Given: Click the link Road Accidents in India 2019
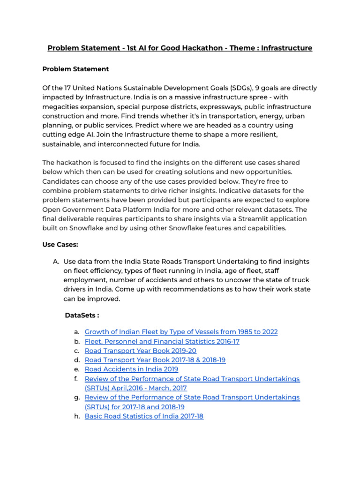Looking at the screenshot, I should (131, 369).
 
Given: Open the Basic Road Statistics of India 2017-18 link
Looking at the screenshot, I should (144, 416).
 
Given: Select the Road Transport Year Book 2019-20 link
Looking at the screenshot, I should (140, 351).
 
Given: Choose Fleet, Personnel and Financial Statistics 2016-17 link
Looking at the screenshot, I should (162, 341).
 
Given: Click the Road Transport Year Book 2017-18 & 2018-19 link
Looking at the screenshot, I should (162, 360).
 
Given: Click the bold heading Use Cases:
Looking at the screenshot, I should (60, 245).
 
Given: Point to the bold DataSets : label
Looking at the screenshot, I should (82, 315).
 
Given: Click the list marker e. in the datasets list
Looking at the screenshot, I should (77, 369).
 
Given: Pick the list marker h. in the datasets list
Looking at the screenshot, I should (77, 416).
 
